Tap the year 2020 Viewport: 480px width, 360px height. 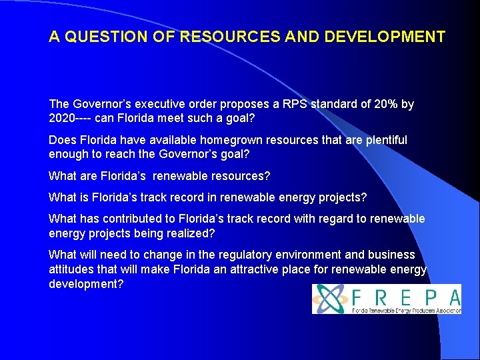point(62,118)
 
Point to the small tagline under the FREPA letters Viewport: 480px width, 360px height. point(405,309)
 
